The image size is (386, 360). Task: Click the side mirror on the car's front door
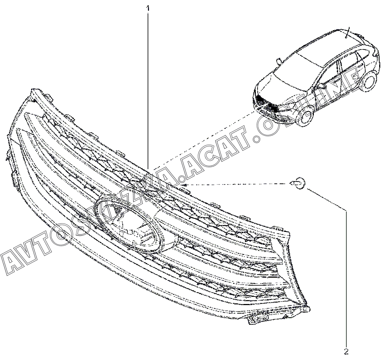(x=322, y=87)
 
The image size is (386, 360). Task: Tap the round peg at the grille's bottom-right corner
(x=308, y=309)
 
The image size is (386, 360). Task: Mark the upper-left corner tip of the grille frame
(x=33, y=90)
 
